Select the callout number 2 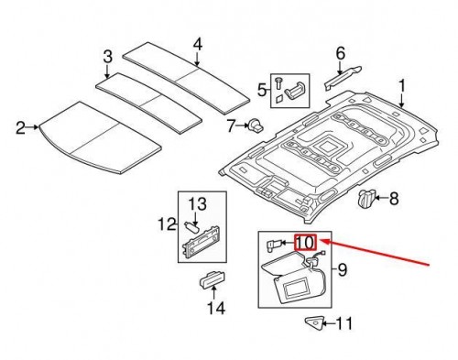click(x=21, y=126)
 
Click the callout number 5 click(x=260, y=90)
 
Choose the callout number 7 click(x=231, y=125)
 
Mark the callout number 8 click(x=395, y=197)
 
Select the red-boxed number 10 click(x=305, y=243)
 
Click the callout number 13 click(x=199, y=202)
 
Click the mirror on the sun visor click(x=300, y=292)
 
